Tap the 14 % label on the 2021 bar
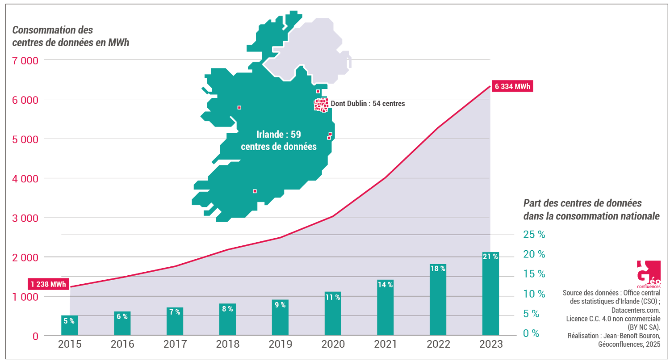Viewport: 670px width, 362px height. pyautogui.click(x=385, y=285)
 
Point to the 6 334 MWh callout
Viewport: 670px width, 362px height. pyautogui.click(x=512, y=86)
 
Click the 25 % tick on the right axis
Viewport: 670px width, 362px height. pyautogui.click(x=534, y=235)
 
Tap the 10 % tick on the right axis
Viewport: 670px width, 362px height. pyautogui.click(x=534, y=294)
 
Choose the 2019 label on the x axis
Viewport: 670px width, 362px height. pyautogui.click(x=280, y=344)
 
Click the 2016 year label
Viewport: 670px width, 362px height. pyautogui.click(x=122, y=344)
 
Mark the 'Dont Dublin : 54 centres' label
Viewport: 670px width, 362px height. pyautogui.click(x=368, y=104)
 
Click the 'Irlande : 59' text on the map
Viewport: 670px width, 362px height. pyautogui.click(x=279, y=134)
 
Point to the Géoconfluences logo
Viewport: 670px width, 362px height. pyautogui.click(x=648, y=274)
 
